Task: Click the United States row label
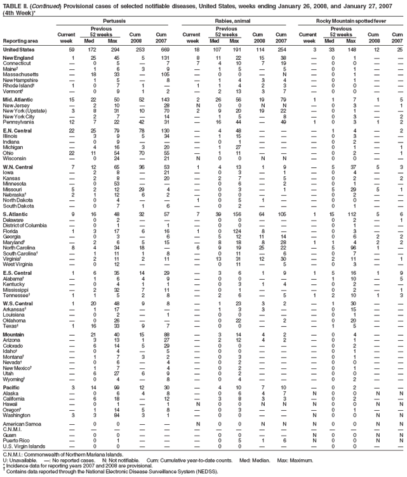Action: click(x=18, y=49)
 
